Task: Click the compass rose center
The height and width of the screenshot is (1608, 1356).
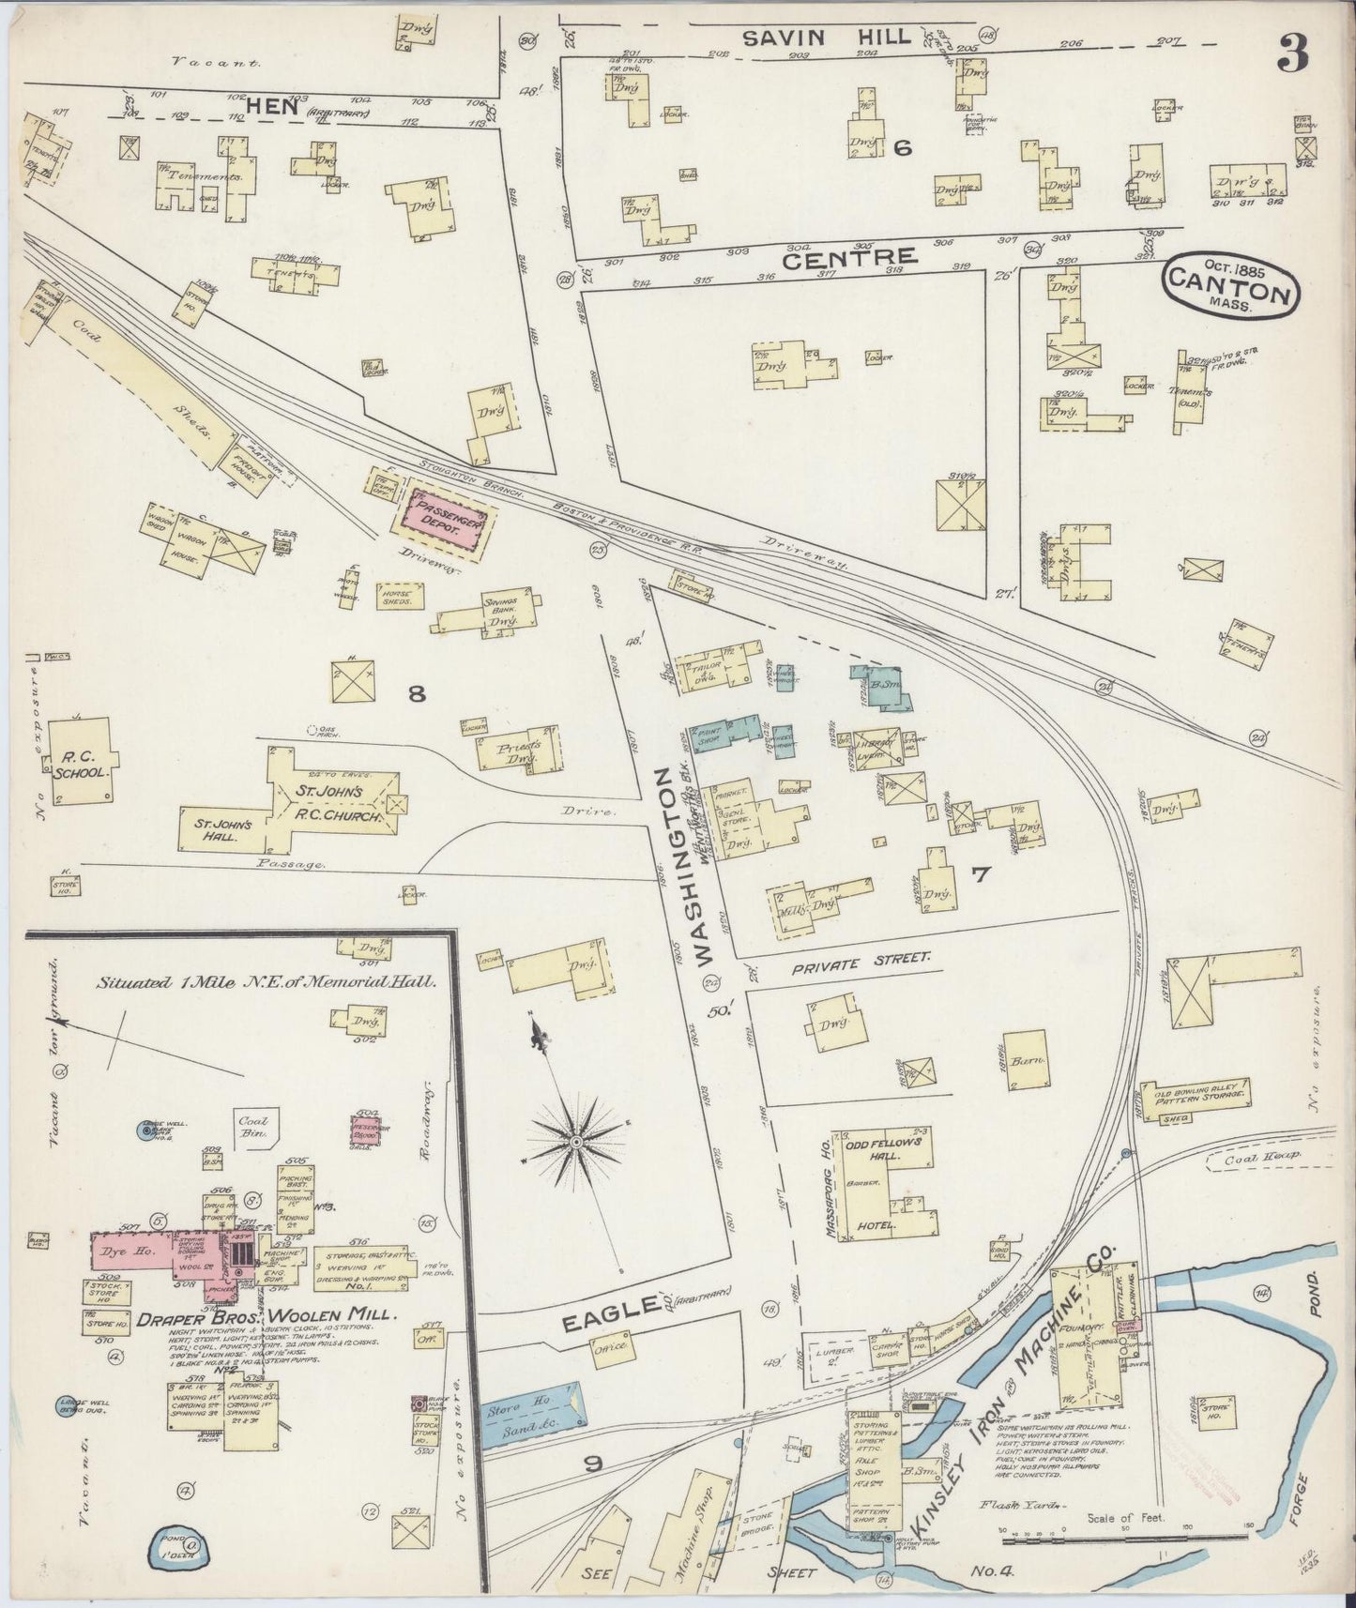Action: [x=574, y=1142]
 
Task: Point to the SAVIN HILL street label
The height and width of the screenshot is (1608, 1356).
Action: [x=826, y=38]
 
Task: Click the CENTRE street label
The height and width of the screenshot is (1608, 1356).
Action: [x=848, y=258]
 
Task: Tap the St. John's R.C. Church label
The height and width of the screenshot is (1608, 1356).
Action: [x=336, y=804]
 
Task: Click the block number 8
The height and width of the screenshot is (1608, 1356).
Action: [x=417, y=693]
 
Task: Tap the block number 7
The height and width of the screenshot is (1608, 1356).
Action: [x=981, y=875]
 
